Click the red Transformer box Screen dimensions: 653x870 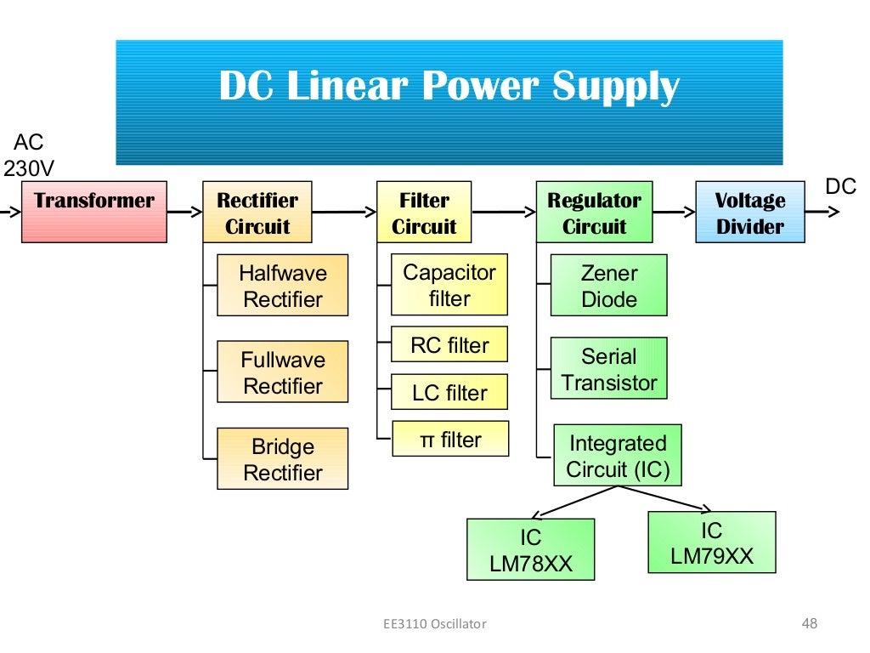click(x=93, y=212)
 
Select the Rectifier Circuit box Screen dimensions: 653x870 click(x=257, y=213)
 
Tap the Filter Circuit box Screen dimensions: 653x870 click(x=424, y=213)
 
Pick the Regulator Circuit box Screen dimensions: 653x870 click(x=594, y=213)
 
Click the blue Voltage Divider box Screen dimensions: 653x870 click(x=749, y=213)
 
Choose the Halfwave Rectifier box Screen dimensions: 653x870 click(x=282, y=286)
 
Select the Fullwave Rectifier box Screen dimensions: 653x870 click(x=282, y=372)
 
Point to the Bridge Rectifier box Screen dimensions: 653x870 click(x=282, y=459)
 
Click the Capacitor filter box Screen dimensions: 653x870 click(x=449, y=285)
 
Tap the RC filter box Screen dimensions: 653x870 click(x=449, y=345)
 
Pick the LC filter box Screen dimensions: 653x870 click(x=449, y=393)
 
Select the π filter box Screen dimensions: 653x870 click(x=449, y=440)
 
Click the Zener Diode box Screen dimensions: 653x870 click(x=608, y=286)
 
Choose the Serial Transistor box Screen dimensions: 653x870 click(x=608, y=369)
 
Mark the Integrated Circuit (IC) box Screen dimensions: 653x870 click(x=617, y=456)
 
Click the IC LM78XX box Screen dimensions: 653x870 click(x=530, y=550)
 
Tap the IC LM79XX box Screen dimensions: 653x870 click(x=711, y=542)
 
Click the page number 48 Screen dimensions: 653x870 click(x=809, y=624)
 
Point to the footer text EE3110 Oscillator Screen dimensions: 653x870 click(x=434, y=624)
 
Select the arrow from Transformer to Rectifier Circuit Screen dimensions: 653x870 click(x=184, y=212)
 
